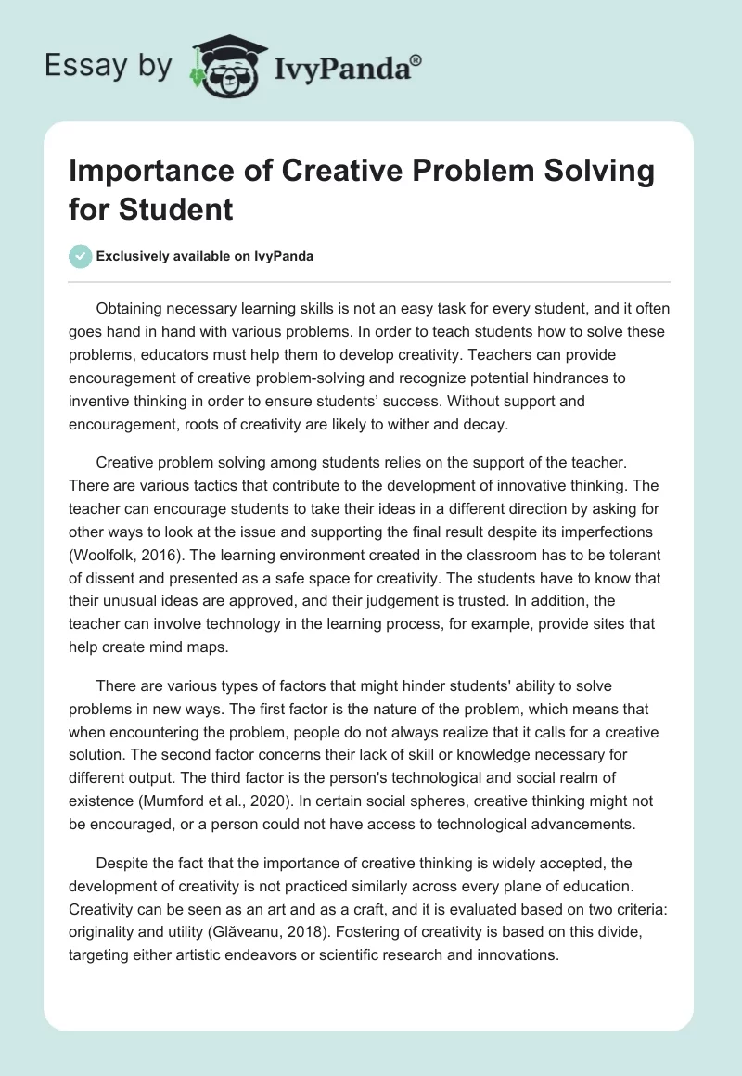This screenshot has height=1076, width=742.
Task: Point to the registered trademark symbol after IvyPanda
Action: (416, 58)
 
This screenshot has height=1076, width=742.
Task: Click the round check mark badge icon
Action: (81, 256)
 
